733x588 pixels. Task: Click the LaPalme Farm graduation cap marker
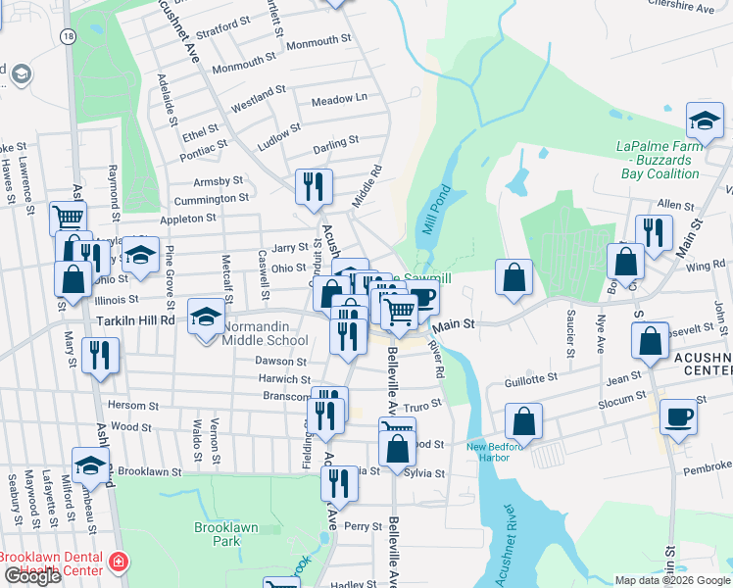pos(705,120)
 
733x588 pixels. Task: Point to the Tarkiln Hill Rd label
pos(135,320)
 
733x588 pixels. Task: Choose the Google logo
pos(32,576)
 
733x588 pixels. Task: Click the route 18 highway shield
pos(67,35)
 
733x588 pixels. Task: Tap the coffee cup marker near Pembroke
pos(677,416)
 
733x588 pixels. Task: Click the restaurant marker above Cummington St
pos(314,185)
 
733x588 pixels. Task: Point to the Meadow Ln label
pos(338,99)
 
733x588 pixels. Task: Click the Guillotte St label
pos(530,376)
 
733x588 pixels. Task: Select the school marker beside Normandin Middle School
pos(206,316)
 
